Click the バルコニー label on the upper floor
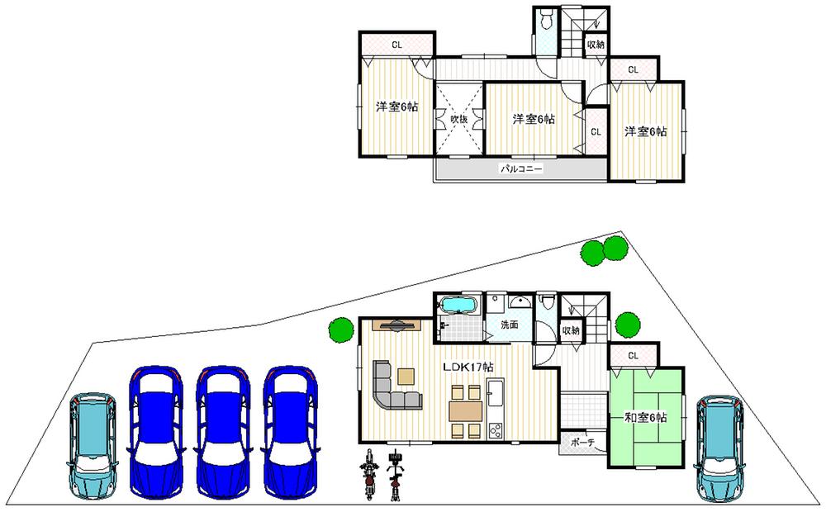point(521,168)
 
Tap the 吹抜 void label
point(460,120)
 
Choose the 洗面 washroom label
point(510,325)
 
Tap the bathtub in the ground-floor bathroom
point(457,306)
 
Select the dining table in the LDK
point(465,410)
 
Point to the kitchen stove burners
point(496,429)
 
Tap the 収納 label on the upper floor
point(595,45)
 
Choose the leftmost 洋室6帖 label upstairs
point(396,107)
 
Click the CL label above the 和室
point(634,356)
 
